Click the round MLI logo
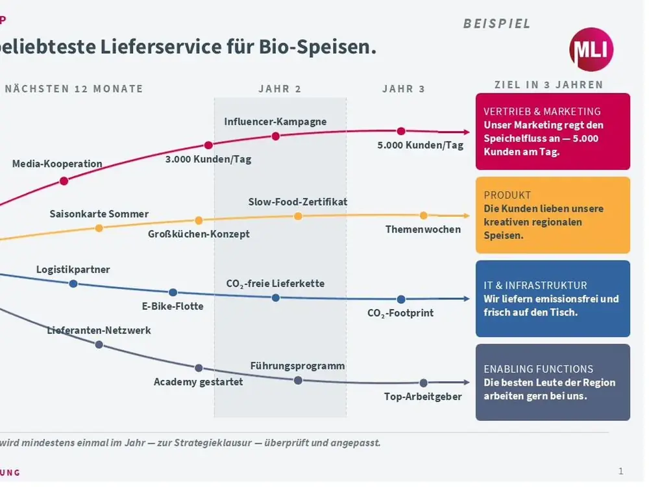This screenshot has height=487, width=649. pyautogui.click(x=591, y=49)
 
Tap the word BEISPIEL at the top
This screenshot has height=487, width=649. pyautogui.click(x=496, y=23)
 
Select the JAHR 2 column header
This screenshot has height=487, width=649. pyautogui.click(x=280, y=89)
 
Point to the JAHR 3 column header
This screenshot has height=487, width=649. pyautogui.click(x=404, y=89)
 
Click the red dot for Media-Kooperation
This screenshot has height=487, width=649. pyautogui.click(x=64, y=181)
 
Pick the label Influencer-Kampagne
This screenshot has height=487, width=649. pyautogui.click(x=275, y=122)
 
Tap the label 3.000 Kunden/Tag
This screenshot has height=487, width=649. pyautogui.click(x=208, y=160)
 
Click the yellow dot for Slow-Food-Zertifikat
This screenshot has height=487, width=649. pyautogui.click(x=298, y=216)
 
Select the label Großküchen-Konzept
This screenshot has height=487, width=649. pyautogui.click(x=199, y=234)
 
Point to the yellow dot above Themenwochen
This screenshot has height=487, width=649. pyautogui.click(x=423, y=216)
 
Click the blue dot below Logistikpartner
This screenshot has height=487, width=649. pyautogui.click(x=73, y=284)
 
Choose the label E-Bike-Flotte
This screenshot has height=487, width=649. pyautogui.click(x=173, y=306)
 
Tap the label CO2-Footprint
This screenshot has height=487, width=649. pyautogui.click(x=400, y=313)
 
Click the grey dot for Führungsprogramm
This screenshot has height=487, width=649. pyautogui.click(x=298, y=381)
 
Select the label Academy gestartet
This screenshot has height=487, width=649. pyautogui.click(x=198, y=382)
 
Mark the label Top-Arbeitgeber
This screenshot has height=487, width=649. pyautogui.click(x=422, y=397)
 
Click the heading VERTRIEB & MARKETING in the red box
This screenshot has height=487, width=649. pyautogui.click(x=542, y=112)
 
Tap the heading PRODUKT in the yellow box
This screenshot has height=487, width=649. pyautogui.click(x=507, y=195)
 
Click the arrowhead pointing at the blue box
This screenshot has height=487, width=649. pyautogui.click(x=466, y=299)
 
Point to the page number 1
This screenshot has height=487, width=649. pyautogui.click(x=621, y=471)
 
